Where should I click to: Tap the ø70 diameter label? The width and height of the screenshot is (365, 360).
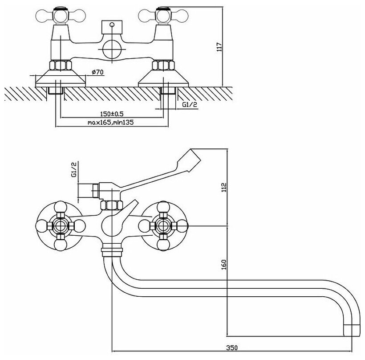(98, 72)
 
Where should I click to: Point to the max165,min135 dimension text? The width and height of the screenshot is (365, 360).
(110, 122)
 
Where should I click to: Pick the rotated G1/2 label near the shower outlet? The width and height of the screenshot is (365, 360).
(74, 169)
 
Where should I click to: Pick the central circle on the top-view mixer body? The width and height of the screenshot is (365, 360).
(110, 49)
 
